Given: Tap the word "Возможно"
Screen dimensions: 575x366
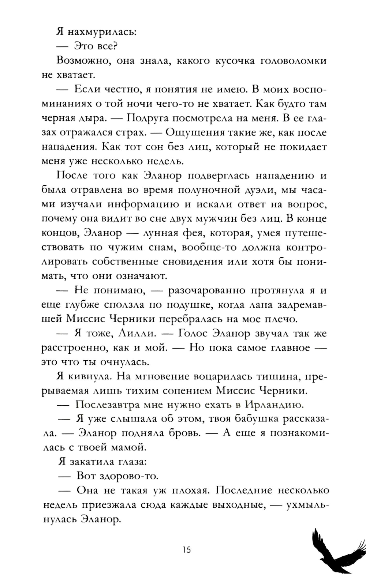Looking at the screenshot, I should (83, 61).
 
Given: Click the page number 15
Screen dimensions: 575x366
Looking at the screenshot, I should (186, 550).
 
